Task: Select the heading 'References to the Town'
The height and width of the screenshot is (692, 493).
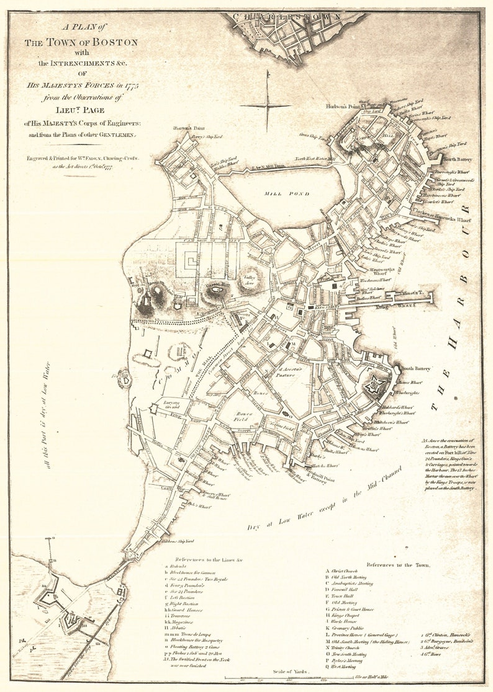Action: coord(397,565)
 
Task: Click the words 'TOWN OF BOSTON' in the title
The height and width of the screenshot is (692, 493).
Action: coord(81,42)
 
